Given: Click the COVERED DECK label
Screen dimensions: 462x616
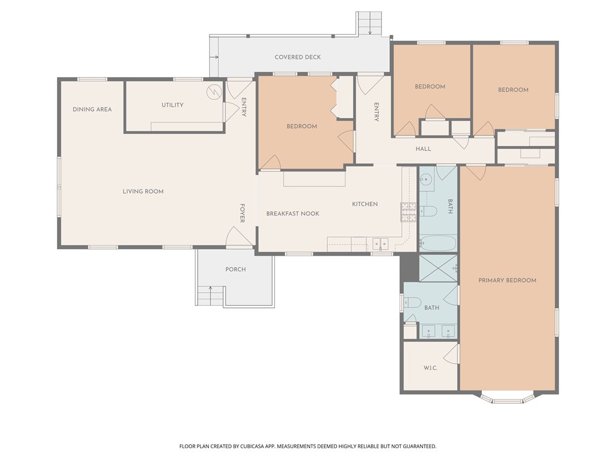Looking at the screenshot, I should tap(298, 57).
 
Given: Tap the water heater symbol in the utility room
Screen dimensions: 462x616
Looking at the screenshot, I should tap(214, 92).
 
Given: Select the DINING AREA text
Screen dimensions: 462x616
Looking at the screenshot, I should tap(92, 109).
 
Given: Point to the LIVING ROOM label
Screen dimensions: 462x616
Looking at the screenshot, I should tap(143, 191).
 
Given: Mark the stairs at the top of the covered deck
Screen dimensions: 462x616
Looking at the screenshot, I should tap(369, 23).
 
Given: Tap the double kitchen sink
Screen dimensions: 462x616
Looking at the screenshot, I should tap(380, 244).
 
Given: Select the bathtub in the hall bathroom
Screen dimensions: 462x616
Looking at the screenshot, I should tap(438, 244).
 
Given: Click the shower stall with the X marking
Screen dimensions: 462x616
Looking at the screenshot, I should tap(438, 268).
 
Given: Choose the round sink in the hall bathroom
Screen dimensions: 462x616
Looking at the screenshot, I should tap(427, 179).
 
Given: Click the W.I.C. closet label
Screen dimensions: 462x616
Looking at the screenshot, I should tap(430, 368).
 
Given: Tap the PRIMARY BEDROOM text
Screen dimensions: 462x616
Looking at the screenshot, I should tap(507, 280).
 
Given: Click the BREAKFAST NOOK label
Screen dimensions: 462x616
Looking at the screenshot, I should tap(292, 214).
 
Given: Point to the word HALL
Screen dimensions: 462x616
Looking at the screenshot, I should tap(423, 149).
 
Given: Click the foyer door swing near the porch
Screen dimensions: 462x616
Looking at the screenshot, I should tap(238, 236).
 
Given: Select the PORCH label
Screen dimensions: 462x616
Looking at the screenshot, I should tap(235, 269).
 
